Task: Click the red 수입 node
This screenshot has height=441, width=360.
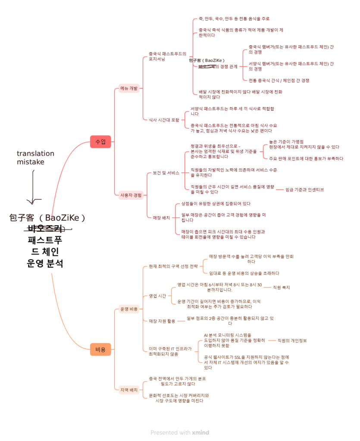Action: (100, 141)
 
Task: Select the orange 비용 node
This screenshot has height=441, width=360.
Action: (100, 349)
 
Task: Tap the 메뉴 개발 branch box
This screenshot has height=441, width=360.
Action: (129, 88)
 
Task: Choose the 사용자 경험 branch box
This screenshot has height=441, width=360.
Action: (131, 195)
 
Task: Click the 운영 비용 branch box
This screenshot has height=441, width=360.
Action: (129, 309)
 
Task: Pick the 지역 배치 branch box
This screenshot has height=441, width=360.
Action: (129, 390)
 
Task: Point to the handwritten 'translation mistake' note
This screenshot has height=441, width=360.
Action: (35, 158)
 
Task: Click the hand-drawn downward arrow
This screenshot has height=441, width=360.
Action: (34, 187)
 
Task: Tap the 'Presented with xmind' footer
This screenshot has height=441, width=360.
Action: (180, 432)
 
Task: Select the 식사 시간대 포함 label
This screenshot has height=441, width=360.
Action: (164, 120)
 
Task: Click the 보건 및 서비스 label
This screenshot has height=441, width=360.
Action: (166, 173)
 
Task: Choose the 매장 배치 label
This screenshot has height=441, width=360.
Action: (161, 217)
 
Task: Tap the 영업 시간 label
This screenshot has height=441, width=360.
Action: (157, 296)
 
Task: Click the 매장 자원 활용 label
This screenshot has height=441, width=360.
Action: (162, 321)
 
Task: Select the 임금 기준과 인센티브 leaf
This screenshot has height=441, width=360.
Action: (305, 189)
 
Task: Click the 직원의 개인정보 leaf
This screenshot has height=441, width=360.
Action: (292, 341)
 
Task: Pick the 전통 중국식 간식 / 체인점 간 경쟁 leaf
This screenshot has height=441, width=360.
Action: (279, 80)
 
